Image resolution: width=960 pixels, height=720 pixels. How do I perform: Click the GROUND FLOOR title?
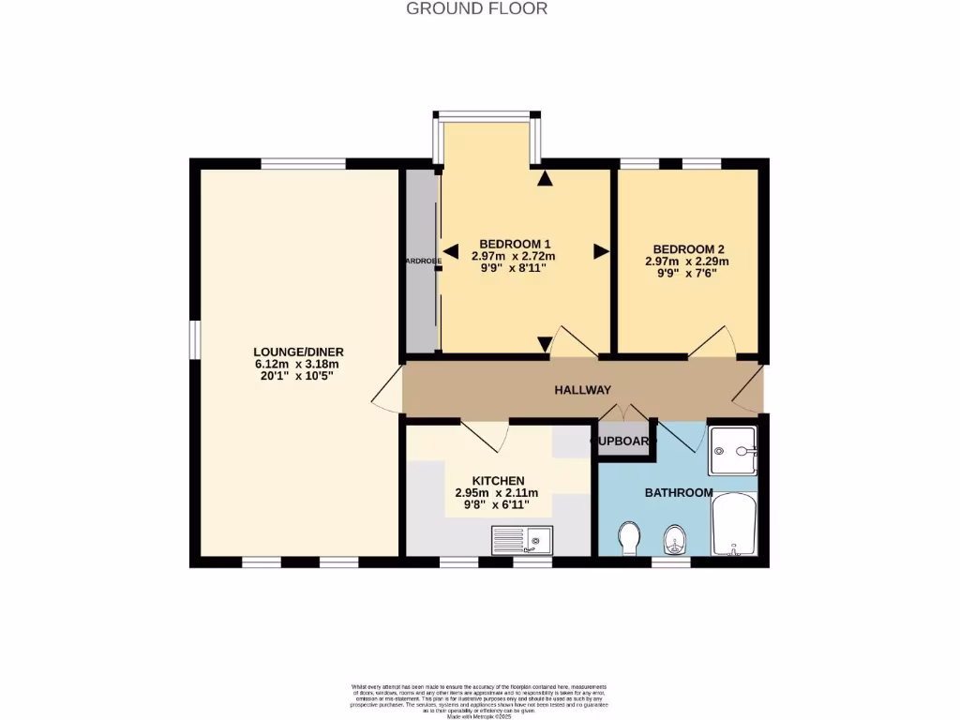476,8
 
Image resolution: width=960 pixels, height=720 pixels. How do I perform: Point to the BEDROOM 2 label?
686,249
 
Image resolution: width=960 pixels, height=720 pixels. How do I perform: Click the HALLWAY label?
582,390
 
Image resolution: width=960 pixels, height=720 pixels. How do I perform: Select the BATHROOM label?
678,492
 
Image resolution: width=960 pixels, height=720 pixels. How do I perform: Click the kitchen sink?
522,540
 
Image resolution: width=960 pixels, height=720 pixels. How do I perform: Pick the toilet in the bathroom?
629,538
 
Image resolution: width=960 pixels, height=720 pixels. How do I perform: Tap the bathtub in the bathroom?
734,525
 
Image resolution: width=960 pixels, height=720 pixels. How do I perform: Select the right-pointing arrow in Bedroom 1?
600,250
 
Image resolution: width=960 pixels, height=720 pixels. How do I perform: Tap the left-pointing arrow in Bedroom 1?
451,250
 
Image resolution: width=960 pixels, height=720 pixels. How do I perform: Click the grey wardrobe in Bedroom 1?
422,262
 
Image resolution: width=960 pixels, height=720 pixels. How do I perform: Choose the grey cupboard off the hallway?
623,442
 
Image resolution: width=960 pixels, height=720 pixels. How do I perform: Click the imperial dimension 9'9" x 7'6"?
686,275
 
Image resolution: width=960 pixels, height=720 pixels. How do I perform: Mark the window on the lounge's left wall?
193,339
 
